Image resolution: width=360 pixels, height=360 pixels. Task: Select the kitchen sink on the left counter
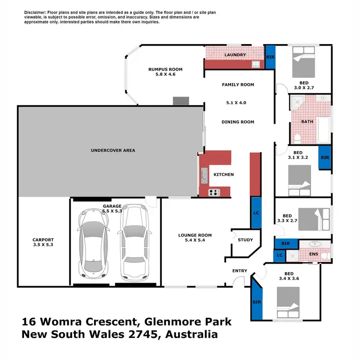pos(204,176)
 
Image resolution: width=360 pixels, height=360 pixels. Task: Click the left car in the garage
pos(94,245)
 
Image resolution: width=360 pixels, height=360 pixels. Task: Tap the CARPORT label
pos(43,240)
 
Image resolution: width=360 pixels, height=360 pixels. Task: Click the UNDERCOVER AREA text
pos(113,150)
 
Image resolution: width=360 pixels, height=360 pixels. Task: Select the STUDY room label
pos(245,240)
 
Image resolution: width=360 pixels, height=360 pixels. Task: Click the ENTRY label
pos(240,271)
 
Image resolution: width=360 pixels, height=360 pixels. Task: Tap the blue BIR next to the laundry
pos(270,56)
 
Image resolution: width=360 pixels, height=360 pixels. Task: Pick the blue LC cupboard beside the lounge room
pos(256,213)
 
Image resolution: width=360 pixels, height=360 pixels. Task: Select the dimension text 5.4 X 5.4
pos(195,240)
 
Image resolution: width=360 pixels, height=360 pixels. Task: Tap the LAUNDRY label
pos(235,55)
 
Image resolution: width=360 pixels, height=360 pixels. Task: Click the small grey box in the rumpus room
pos(181,100)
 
